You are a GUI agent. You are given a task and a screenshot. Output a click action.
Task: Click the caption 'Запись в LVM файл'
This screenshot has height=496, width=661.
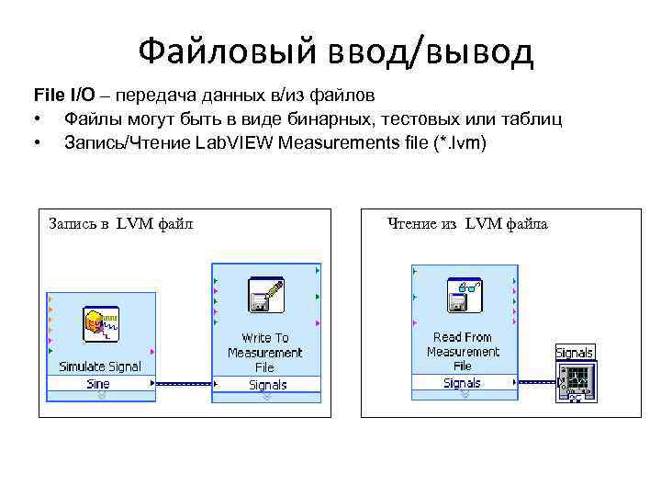click(120, 222)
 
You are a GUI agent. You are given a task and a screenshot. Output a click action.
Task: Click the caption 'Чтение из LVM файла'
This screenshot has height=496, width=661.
click(467, 222)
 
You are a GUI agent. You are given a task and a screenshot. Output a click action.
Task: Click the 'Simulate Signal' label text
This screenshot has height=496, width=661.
click(100, 366)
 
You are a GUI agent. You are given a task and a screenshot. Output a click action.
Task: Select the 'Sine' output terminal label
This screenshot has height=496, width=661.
click(98, 384)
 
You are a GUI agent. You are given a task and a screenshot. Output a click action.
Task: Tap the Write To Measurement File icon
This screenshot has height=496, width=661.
click(265, 296)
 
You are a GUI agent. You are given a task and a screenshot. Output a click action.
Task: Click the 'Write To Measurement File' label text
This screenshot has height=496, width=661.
click(265, 353)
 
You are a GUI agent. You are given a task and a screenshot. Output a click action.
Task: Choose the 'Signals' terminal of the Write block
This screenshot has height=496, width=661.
click(267, 385)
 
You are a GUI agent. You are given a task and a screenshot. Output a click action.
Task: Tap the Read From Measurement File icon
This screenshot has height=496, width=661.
click(463, 295)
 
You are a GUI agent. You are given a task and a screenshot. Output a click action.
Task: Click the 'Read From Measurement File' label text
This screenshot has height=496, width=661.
click(463, 352)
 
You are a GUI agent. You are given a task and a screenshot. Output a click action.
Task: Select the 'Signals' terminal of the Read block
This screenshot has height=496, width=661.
click(462, 383)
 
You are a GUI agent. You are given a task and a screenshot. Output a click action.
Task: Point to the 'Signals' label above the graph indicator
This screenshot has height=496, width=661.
click(575, 353)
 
